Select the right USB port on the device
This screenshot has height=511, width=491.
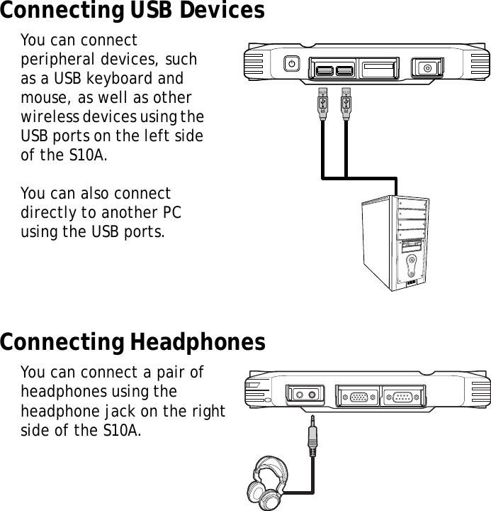(x=344, y=70)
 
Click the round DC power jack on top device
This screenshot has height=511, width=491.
(x=427, y=68)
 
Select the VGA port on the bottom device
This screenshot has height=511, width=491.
(x=359, y=396)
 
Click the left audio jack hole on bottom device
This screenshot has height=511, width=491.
(x=299, y=395)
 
